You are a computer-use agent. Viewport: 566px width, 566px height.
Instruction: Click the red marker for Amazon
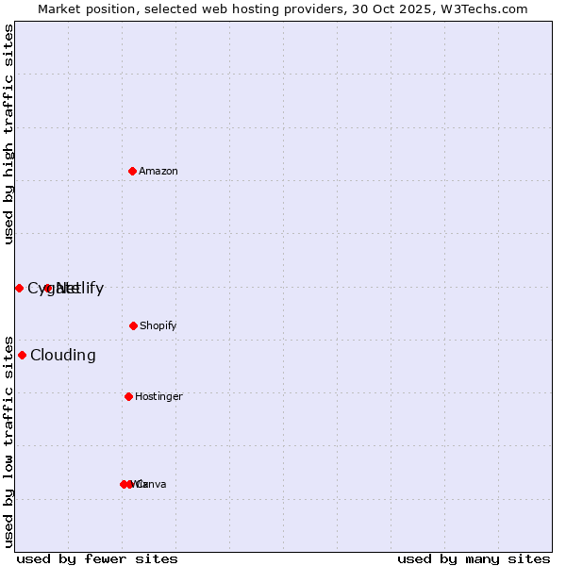[x=133, y=171]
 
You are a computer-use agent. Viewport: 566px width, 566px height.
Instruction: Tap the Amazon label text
[x=158, y=171]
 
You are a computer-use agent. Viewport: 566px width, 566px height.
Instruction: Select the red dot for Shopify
[x=133, y=325]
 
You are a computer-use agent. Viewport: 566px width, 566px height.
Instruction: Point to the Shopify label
[x=158, y=325]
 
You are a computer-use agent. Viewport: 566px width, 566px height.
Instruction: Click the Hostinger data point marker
[x=128, y=396]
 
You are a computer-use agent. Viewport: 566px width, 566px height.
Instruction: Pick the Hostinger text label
[x=158, y=396]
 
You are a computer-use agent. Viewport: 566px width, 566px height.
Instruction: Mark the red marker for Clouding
[x=22, y=355]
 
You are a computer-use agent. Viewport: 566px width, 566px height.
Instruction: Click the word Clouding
[x=63, y=355]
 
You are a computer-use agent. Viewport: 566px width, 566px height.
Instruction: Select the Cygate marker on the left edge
[x=19, y=288]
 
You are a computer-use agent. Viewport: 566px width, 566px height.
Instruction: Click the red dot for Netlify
[x=48, y=288]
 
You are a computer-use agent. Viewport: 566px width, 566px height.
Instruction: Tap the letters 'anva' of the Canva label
[x=154, y=484]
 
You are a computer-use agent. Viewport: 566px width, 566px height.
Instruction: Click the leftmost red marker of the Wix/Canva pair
[x=124, y=484]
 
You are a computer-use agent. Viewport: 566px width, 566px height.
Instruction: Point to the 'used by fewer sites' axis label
[x=97, y=558]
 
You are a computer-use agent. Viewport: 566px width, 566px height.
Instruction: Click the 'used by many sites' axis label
[x=474, y=558]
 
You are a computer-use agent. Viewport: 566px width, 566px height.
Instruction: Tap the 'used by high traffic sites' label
[x=8, y=134]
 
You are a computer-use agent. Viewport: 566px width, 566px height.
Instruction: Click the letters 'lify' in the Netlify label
[x=89, y=288]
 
